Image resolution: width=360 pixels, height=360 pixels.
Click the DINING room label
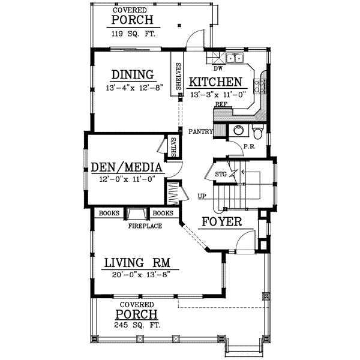click(x=133, y=74)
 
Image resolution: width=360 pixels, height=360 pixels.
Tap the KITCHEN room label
click(x=215, y=82)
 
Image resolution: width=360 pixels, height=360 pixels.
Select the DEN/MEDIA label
click(x=127, y=167)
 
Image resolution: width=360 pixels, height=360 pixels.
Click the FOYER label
click(x=221, y=222)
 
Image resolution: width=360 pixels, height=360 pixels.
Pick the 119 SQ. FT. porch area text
click(x=133, y=34)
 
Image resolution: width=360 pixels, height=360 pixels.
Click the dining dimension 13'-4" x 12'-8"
click(x=133, y=88)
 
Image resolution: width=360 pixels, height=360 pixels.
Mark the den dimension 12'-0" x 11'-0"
click(x=127, y=178)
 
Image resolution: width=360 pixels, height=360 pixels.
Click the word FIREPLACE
click(x=144, y=226)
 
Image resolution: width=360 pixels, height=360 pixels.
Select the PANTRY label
click(x=200, y=131)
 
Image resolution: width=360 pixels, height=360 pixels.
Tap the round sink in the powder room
click(x=238, y=130)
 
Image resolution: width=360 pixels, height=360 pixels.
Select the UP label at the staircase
click(x=202, y=196)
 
